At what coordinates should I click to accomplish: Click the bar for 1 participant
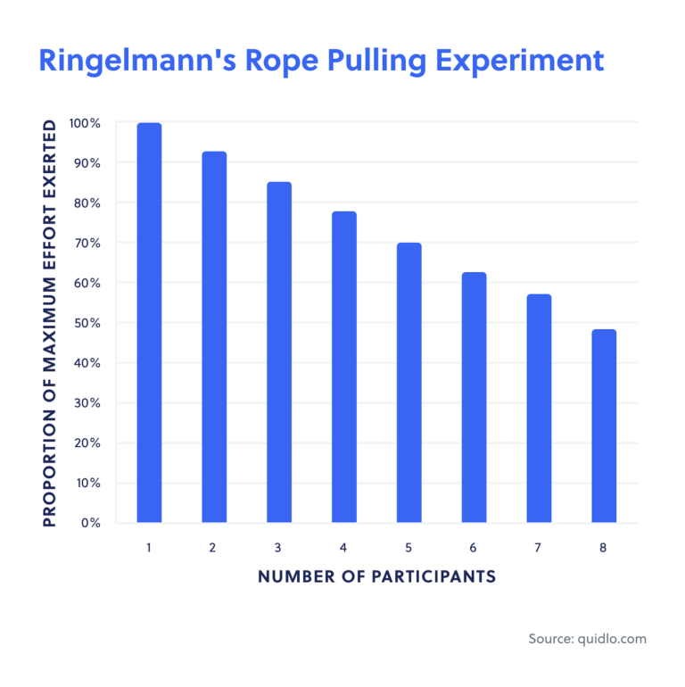[149, 322]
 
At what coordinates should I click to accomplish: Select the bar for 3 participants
[279, 352]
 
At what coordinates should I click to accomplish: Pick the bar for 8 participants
[604, 426]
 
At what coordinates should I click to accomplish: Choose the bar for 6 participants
[474, 397]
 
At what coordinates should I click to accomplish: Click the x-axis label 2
[213, 548]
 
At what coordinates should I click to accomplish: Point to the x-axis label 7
[539, 548]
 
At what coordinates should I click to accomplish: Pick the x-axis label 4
[343, 548]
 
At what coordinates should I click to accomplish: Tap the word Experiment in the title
[516, 61]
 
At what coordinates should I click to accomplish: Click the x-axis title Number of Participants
[376, 576]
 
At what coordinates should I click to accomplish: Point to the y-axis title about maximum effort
[49, 323]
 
